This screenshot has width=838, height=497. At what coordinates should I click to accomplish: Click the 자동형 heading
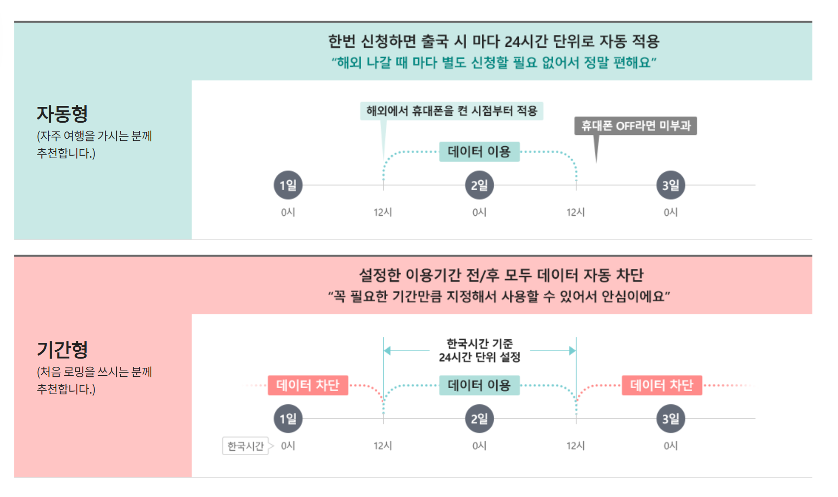(62, 114)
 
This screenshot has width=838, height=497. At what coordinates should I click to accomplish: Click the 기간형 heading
(62, 350)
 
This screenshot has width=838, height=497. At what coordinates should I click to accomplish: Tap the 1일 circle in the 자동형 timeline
(288, 185)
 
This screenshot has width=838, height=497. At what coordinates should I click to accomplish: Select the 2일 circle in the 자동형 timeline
(479, 185)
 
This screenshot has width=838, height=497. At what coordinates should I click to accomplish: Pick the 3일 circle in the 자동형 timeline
(670, 185)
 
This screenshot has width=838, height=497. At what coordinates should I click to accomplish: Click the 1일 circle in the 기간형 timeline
(288, 419)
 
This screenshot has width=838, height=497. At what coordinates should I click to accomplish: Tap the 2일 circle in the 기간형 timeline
(479, 419)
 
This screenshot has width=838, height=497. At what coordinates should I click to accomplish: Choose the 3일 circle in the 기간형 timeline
(670, 419)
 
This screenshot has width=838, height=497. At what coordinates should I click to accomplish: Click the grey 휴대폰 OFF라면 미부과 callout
(636, 126)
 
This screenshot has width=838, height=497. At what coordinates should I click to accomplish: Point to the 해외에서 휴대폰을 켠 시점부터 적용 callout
(451, 111)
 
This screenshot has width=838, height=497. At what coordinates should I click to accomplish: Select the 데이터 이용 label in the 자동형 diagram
(479, 152)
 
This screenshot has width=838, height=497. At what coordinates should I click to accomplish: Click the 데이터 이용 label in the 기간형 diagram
(479, 385)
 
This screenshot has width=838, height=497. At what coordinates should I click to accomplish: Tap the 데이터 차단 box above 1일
(308, 385)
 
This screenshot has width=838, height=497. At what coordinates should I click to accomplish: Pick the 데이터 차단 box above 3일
(662, 385)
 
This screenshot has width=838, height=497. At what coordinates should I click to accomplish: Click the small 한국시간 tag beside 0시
(245, 446)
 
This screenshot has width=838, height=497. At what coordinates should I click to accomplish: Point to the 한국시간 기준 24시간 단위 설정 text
(479, 350)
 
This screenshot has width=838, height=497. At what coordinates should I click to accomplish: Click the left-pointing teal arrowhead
(387, 351)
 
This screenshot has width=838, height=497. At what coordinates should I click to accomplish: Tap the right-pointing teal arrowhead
(572, 351)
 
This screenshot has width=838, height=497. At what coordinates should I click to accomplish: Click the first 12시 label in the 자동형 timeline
(383, 212)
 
